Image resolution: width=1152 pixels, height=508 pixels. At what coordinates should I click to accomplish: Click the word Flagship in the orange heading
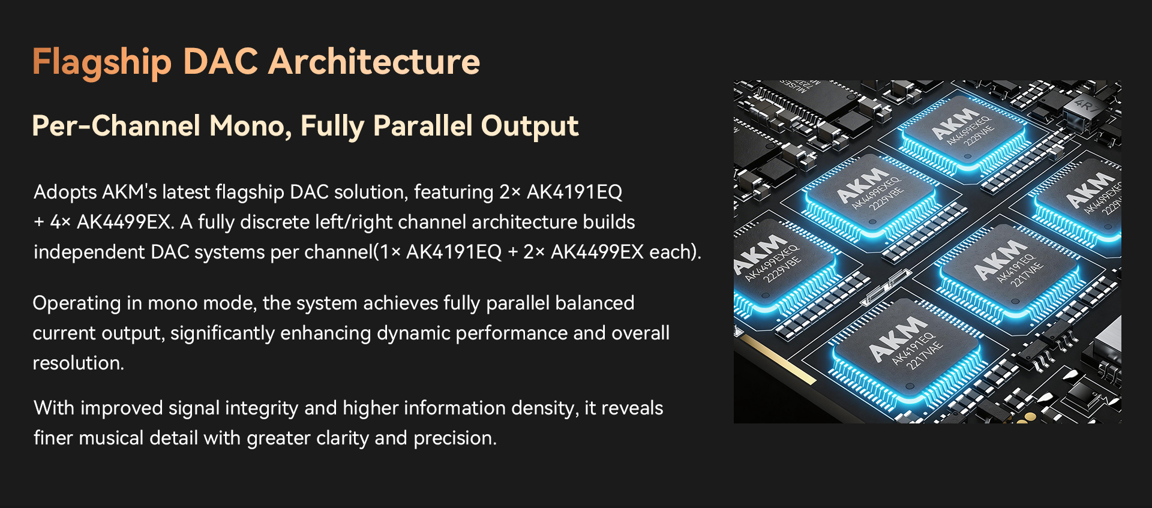(x=102, y=62)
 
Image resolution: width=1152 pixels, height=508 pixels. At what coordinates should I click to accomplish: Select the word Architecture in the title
(x=374, y=62)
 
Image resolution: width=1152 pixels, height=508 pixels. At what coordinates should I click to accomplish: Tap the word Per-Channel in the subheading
(x=116, y=126)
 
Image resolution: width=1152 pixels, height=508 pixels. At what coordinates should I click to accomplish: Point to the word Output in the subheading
(x=529, y=127)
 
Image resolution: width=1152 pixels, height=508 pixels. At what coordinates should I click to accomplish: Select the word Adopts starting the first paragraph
(x=65, y=193)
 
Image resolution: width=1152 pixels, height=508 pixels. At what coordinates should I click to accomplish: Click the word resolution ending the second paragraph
(x=79, y=363)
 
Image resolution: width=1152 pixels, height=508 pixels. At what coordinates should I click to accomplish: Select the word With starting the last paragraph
(x=54, y=408)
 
